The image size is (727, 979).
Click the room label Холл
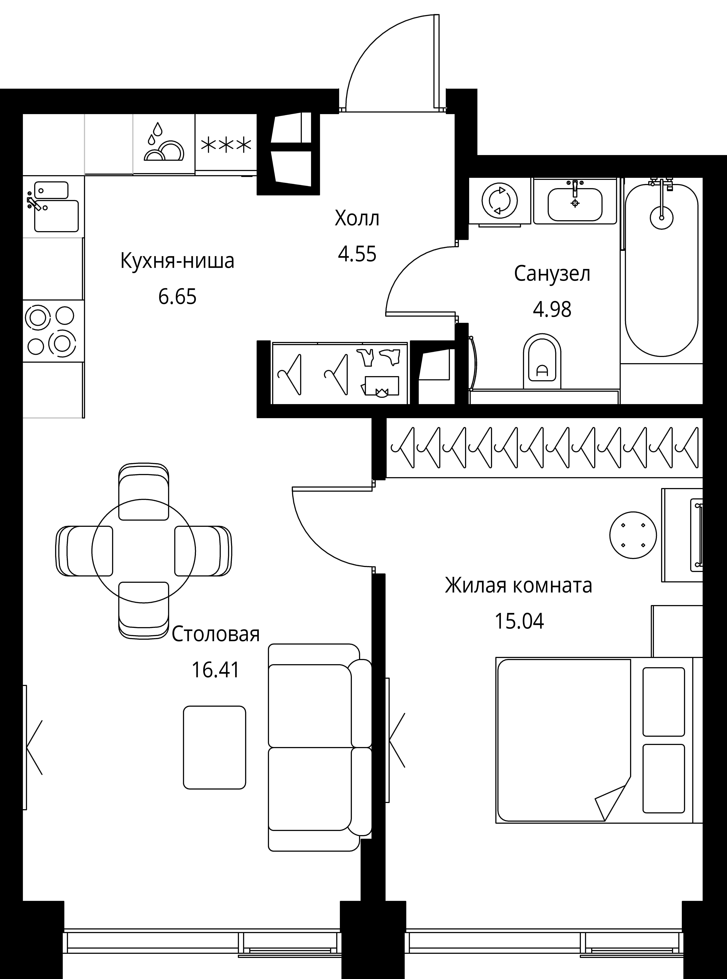pyautogui.click(x=357, y=219)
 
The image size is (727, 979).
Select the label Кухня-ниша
pyautogui.click(x=177, y=261)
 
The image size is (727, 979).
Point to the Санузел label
pyautogui.click(x=552, y=274)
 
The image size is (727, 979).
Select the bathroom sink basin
pyautogui.click(x=575, y=204)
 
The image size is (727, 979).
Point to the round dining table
pyautogui.click(x=143, y=551)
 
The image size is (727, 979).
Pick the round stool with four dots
pyautogui.click(x=633, y=536)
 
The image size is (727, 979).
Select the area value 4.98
pyautogui.click(x=552, y=310)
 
